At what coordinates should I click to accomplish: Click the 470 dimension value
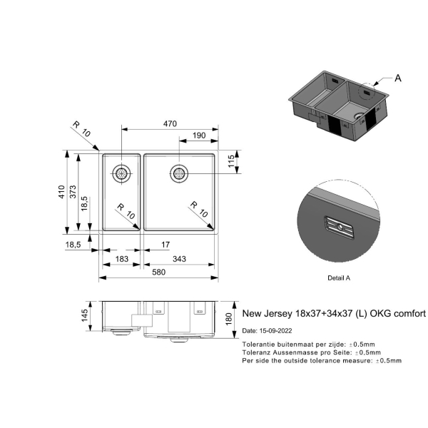tap(170, 123)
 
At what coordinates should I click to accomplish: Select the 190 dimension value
tap(199, 136)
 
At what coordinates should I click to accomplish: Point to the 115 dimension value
tap(231, 161)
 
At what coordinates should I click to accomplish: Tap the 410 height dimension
tap(61, 192)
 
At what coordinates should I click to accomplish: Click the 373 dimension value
tap(73, 192)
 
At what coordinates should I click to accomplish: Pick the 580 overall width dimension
tap(158, 272)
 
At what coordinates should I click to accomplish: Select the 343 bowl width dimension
tap(179, 259)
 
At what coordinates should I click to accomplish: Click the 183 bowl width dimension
tap(121, 259)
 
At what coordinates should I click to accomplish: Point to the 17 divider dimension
tap(165, 245)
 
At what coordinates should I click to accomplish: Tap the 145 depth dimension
tap(85, 315)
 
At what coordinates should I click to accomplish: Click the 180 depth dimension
tap(229, 319)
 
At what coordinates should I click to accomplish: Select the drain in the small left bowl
tap(121, 173)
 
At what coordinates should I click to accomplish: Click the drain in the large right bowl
tap(179, 173)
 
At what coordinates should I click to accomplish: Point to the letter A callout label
tap(398, 78)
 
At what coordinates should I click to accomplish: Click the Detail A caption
tap(339, 278)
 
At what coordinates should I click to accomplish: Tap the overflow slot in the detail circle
tap(340, 227)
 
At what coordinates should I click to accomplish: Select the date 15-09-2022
tap(275, 331)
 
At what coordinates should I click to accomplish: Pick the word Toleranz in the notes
tap(255, 352)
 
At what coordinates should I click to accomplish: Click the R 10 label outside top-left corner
tap(81, 129)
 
